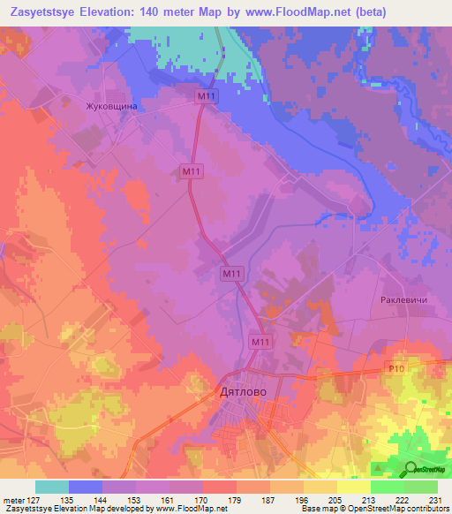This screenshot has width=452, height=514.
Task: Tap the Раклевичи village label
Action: tap(404, 300)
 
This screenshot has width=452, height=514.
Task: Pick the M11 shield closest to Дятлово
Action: tap(260, 342)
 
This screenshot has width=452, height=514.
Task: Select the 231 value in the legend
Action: tap(436, 500)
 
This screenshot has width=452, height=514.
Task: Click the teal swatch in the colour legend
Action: tap(52, 487)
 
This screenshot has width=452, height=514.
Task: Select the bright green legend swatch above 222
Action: tap(387, 487)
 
